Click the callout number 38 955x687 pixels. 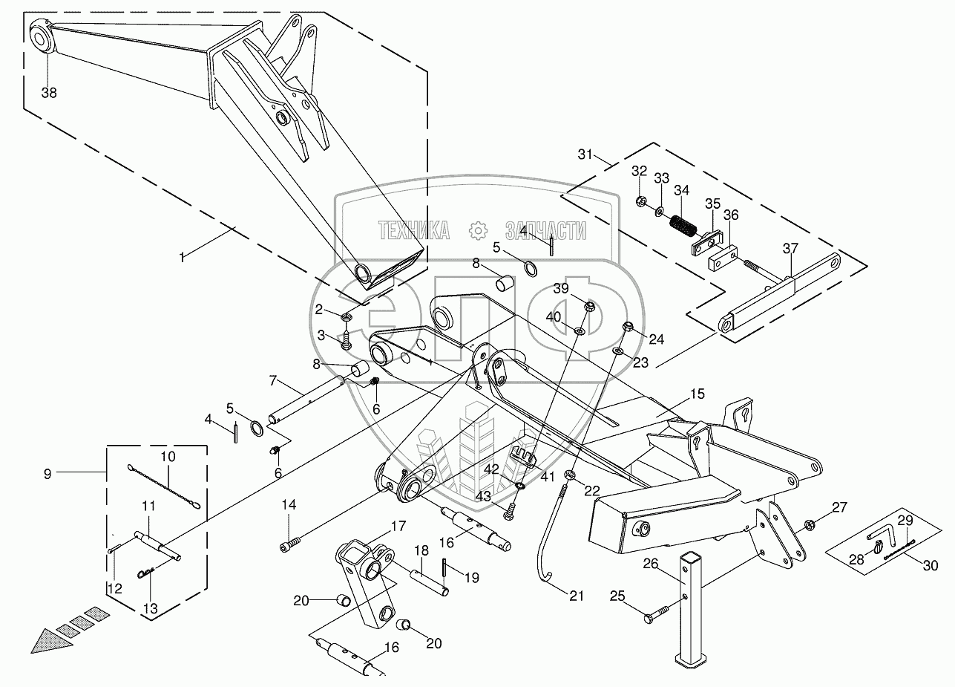click(x=49, y=93)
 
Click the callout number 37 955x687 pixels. click(x=791, y=249)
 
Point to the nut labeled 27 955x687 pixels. click(x=810, y=525)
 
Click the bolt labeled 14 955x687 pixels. click(x=289, y=547)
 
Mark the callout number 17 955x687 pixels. click(x=399, y=525)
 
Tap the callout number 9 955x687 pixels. click(x=47, y=473)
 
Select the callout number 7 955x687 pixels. click(x=272, y=381)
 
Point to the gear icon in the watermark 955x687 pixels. click(x=476, y=231)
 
